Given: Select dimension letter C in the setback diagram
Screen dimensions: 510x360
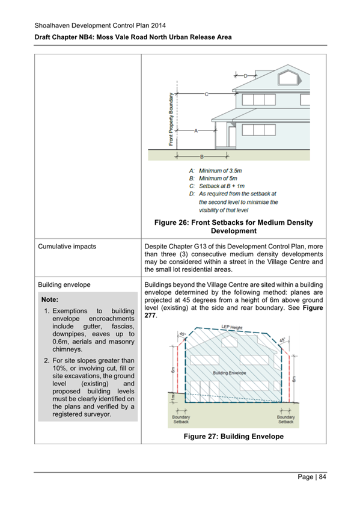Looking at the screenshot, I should [x=207, y=94].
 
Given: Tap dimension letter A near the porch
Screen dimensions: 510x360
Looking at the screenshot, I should [x=196, y=130].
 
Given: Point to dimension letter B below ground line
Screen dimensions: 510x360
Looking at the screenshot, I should [x=202, y=156].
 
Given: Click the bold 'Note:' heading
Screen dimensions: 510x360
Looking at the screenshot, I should [x=50, y=299].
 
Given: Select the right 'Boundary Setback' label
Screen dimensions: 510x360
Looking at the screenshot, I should [x=285, y=419].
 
